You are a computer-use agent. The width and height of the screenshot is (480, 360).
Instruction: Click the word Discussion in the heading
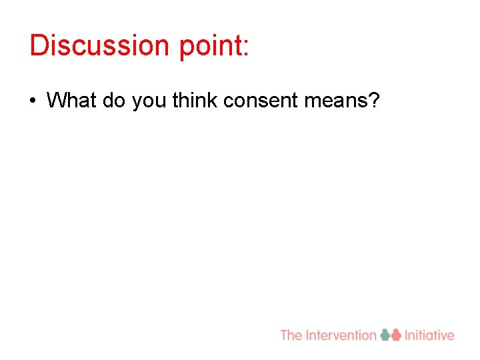coord(91,45)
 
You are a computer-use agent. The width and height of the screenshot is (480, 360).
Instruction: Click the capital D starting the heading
coord(38,45)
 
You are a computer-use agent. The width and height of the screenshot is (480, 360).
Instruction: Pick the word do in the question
coord(113,101)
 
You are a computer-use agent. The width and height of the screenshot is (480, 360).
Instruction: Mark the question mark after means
coord(374,101)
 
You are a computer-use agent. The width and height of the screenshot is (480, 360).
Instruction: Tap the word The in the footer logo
coord(291,335)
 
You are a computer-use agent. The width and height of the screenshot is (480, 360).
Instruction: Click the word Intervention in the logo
coord(341,335)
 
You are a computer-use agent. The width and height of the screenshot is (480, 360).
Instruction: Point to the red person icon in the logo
coord(397,335)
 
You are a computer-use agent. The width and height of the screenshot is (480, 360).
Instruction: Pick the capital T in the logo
coord(285,335)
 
